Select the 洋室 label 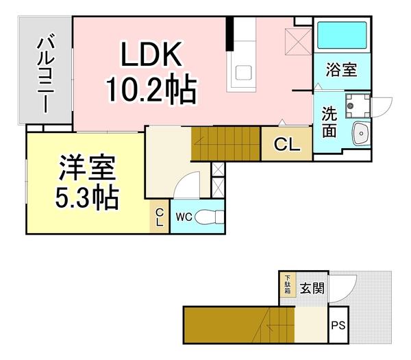pyautogui.click(x=86, y=168)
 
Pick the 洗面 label pyautogui.click(x=329, y=120)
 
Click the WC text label pyautogui.click(x=183, y=217)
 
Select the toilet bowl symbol pyautogui.click(x=210, y=217)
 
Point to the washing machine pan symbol pyautogui.click(x=356, y=105)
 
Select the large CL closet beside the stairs pyautogui.click(x=286, y=144)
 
